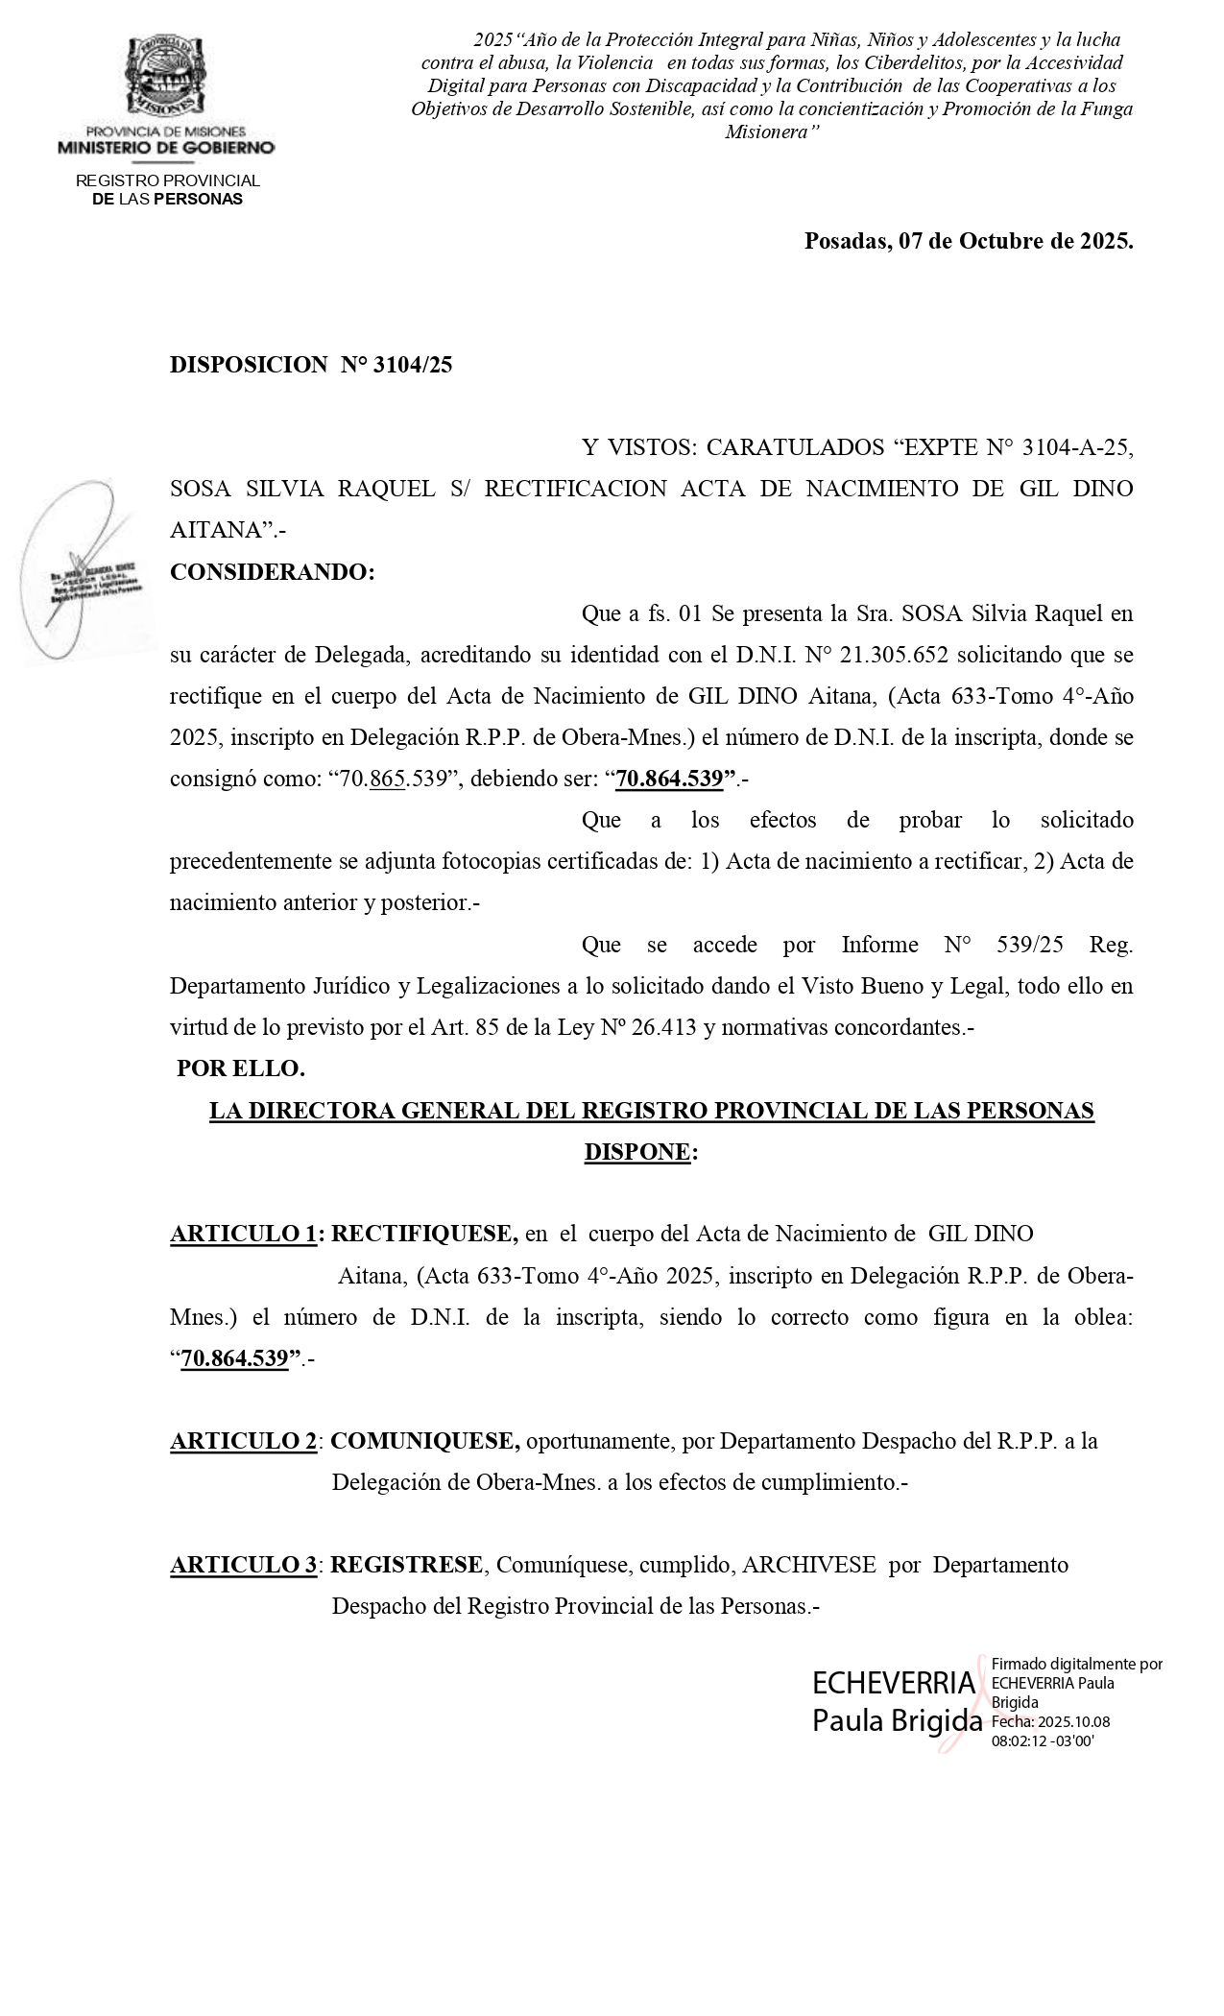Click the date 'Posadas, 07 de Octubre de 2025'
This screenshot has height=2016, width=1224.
coord(968,241)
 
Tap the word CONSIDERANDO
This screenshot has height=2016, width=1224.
coord(272,572)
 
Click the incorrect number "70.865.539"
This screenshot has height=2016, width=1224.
coord(395,780)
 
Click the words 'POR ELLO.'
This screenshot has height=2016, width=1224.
coord(241,1068)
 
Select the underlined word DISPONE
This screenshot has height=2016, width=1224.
coord(637,1152)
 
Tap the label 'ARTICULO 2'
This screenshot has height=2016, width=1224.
coord(244,1441)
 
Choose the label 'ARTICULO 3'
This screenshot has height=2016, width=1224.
coord(244,1565)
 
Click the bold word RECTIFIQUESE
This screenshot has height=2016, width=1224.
coord(424,1235)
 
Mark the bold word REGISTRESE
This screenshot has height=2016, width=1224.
coord(406,1565)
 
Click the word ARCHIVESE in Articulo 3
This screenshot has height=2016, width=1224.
coord(809,1565)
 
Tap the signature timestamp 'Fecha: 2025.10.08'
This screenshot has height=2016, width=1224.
coord(1050,1722)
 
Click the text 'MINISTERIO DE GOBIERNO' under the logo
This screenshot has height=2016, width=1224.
coord(166,148)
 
